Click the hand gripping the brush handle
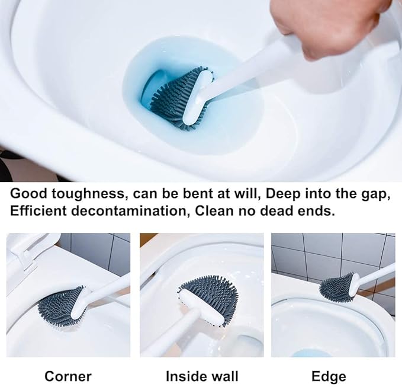[331, 25]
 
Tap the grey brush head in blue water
[179, 99]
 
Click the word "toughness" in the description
[88, 194]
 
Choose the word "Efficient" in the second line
[38, 211]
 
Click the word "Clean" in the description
[214, 211]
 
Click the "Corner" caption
[68, 376]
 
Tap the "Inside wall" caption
[202, 376]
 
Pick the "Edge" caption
[329, 377]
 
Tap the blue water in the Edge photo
[309, 353]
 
